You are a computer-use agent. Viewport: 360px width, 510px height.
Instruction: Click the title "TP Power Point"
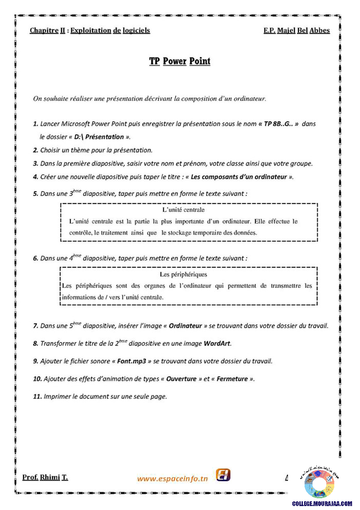point(180,61)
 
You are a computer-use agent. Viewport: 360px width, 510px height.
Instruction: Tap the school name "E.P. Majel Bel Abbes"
point(297,31)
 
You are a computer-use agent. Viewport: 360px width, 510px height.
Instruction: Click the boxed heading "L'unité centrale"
point(183,210)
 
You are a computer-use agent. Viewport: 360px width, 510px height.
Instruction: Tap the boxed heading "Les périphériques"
point(183,274)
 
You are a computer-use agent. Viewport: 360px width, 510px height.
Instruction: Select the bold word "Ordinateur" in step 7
point(185,326)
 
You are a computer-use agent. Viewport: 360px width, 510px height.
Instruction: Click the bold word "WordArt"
point(217,344)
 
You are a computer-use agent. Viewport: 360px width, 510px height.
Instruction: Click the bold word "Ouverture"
point(182,379)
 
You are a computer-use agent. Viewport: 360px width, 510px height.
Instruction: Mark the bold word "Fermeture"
point(232,379)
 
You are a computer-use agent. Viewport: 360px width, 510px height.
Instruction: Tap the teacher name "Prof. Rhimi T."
point(45,477)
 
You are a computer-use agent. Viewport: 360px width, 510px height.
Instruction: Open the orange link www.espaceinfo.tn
point(172,479)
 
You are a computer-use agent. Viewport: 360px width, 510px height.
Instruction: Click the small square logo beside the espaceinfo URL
point(223,475)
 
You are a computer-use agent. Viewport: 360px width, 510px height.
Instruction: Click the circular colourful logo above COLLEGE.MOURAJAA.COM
point(319,484)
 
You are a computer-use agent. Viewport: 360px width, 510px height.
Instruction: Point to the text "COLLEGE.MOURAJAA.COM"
point(322,503)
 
